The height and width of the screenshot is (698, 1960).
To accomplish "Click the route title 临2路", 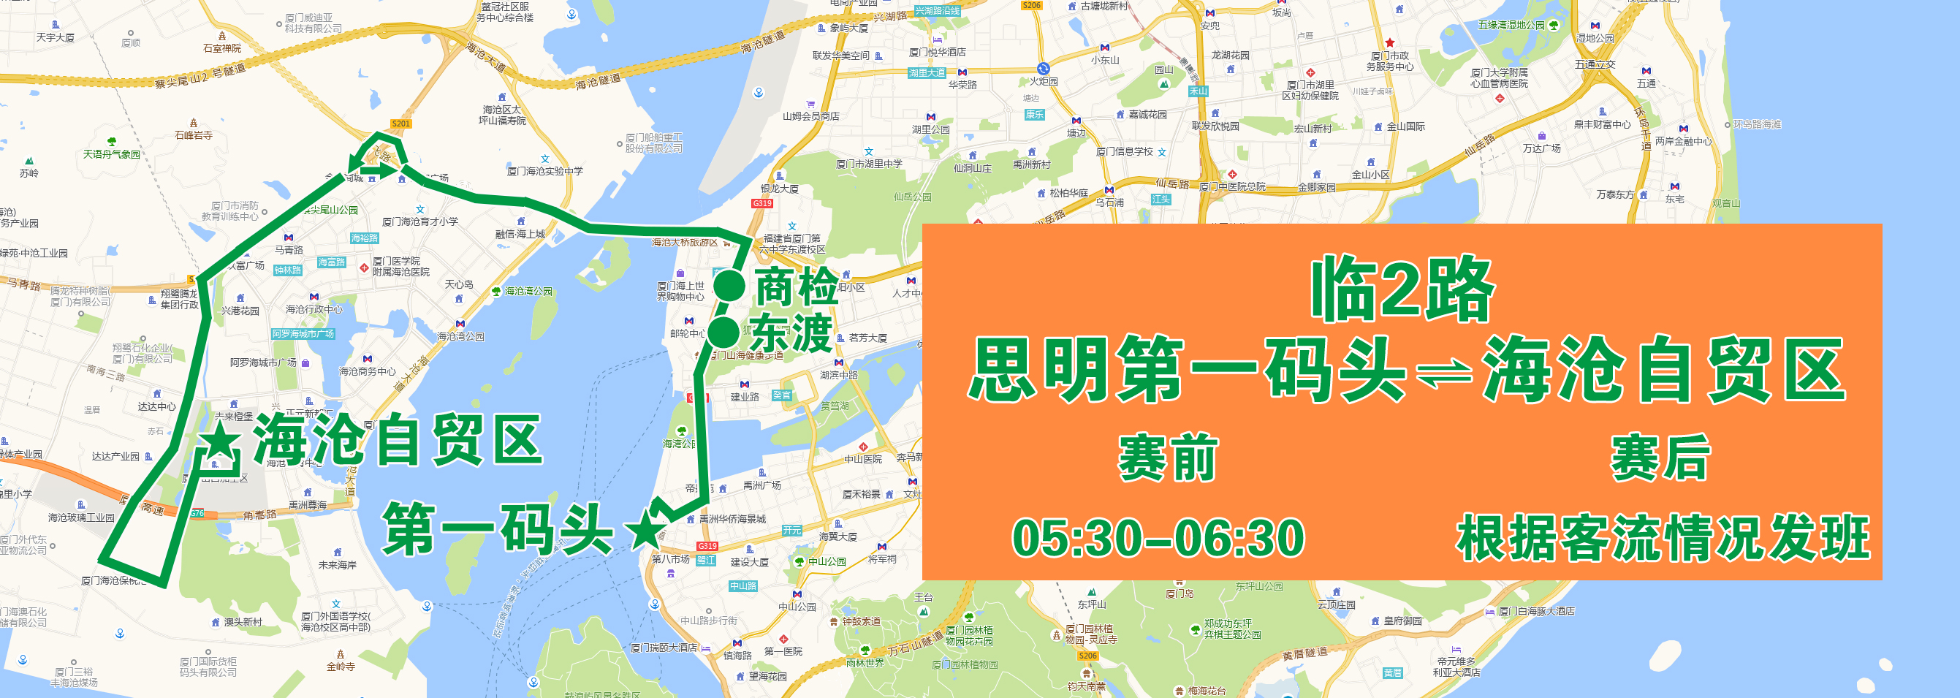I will pyautogui.click(x=1402, y=289).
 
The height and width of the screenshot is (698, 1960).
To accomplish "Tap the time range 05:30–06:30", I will pyautogui.click(x=1158, y=537).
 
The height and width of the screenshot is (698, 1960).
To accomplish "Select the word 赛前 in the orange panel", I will pyautogui.click(x=1167, y=458).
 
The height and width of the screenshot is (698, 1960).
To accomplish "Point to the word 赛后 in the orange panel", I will pyautogui.click(x=1660, y=458).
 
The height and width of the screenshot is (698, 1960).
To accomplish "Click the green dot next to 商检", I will pyautogui.click(x=728, y=287).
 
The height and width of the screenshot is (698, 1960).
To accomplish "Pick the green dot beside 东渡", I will pyautogui.click(x=723, y=332).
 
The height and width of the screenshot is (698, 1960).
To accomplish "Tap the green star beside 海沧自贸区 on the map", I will pyautogui.click(x=219, y=441).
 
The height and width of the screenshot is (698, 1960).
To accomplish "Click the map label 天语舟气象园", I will pyautogui.click(x=111, y=153).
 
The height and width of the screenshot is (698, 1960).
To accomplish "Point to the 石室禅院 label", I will pyautogui.click(x=221, y=48).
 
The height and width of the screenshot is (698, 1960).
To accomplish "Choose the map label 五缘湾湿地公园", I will pyautogui.click(x=1511, y=25).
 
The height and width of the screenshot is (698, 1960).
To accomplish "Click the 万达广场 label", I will pyautogui.click(x=1541, y=148).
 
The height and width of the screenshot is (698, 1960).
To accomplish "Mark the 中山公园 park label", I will pyautogui.click(x=827, y=562).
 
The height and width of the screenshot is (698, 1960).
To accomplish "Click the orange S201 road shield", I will pyautogui.click(x=400, y=124).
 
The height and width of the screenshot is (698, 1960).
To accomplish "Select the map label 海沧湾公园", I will pyautogui.click(x=528, y=292).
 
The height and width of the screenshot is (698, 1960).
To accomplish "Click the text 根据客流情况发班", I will pyautogui.click(x=1662, y=537).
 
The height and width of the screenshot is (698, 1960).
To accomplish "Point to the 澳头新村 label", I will pyautogui.click(x=243, y=622).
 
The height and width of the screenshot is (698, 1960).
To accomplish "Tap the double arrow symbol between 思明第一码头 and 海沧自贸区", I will pyautogui.click(x=1443, y=373).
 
